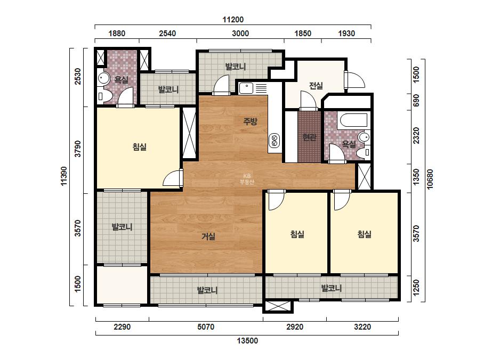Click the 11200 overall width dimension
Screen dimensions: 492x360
pyautogui.click(x=233, y=20)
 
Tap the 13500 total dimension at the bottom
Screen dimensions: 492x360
pyautogui.click(x=247, y=341)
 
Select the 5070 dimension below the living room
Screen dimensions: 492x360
pyautogui.click(x=206, y=327)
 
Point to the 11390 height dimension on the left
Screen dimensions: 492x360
pyautogui.click(x=63, y=176)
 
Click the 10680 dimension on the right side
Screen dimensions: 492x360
pyautogui.click(x=430, y=179)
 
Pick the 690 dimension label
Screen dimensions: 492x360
pyautogui.click(x=416, y=100)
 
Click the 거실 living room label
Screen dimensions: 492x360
pyautogui.click(x=208, y=236)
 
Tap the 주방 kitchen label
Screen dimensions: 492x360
pyautogui.click(x=250, y=121)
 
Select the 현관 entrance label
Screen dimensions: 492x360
pyautogui.click(x=309, y=137)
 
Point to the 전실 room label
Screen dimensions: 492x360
pyautogui.click(x=316, y=85)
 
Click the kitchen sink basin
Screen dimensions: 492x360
pyautogui.click(x=246, y=88)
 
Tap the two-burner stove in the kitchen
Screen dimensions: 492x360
pyautogui.click(x=274, y=140)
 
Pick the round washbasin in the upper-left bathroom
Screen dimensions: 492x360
pyautogui.click(x=103, y=77)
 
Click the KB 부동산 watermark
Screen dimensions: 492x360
pyautogui.click(x=247, y=179)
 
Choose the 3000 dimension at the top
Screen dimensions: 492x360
pyautogui.click(x=240, y=33)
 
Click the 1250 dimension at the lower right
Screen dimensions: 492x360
pyautogui.click(x=416, y=288)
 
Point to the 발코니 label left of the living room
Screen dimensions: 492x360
pyautogui.click(x=122, y=227)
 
